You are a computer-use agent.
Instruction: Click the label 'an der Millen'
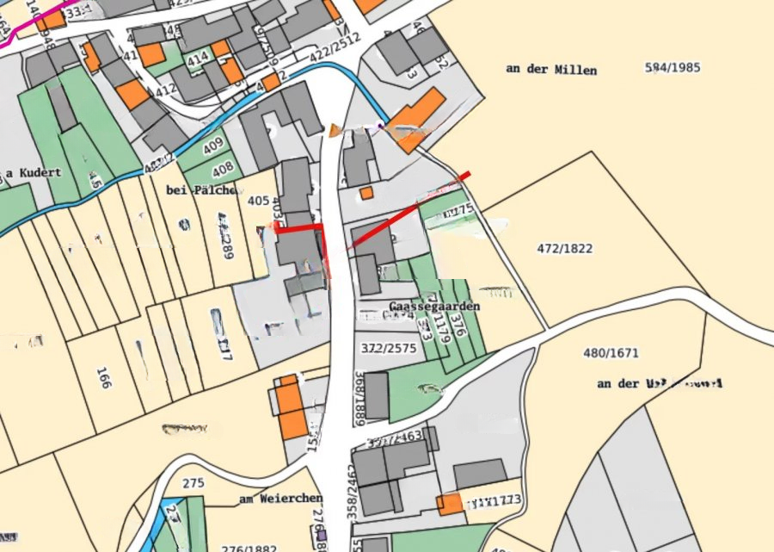click(x=551, y=70)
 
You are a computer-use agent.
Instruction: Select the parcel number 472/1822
click(x=565, y=249)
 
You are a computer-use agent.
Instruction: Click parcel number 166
click(x=104, y=377)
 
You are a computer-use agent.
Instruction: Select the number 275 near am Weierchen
click(x=193, y=483)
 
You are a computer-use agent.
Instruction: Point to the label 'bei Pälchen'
click(x=197, y=189)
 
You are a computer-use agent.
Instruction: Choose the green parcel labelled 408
click(x=223, y=169)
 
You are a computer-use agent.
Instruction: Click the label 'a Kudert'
click(x=34, y=172)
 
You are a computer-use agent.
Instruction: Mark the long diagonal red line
click(x=408, y=211)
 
